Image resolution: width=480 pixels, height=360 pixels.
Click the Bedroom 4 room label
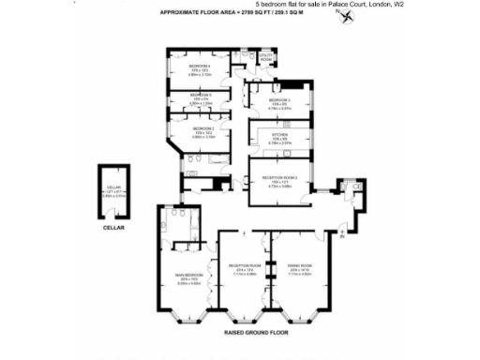198,67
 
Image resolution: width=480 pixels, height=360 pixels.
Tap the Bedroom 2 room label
203,128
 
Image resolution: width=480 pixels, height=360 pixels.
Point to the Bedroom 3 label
280,99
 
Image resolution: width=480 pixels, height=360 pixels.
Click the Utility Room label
265,57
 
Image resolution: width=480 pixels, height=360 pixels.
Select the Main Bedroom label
188,275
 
